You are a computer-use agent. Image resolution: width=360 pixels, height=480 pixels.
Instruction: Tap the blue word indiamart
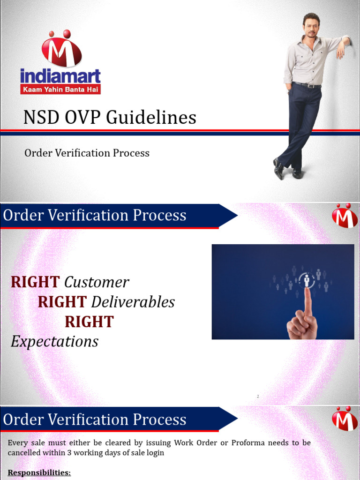(x=60, y=76)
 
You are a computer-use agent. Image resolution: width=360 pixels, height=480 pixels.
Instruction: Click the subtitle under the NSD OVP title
(x=87, y=153)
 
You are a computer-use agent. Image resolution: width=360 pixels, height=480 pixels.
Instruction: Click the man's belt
(x=307, y=85)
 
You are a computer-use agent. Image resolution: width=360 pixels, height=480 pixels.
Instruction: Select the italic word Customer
(x=96, y=282)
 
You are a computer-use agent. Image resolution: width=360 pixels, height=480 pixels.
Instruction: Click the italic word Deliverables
(x=133, y=302)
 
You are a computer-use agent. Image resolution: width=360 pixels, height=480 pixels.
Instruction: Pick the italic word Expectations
(x=54, y=341)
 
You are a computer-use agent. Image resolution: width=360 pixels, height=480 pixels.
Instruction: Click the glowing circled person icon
(x=307, y=280)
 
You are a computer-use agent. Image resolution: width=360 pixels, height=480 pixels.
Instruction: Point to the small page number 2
(x=257, y=397)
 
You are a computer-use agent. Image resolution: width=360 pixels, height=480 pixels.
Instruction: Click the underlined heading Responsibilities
(x=39, y=472)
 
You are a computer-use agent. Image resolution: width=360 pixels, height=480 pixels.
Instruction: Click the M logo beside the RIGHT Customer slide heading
(x=345, y=216)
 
